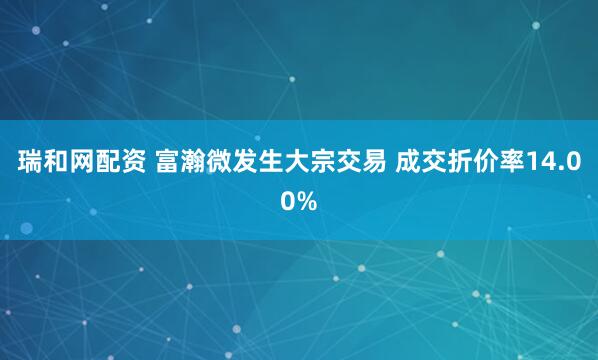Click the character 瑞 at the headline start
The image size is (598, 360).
point(31,163)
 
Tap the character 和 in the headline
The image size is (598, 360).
point(59,163)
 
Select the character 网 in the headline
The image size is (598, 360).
point(87,163)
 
